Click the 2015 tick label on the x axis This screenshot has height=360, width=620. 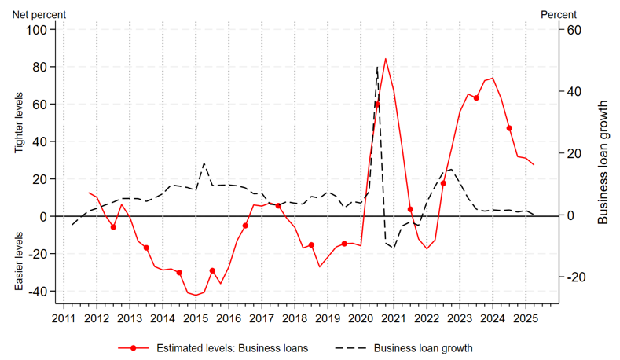(x=196, y=318)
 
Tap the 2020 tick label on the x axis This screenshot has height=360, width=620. (x=361, y=318)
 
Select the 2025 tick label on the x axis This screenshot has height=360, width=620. (x=526, y=318)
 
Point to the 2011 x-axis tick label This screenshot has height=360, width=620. (x=64, y=318)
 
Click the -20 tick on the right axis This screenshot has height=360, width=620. (x=571, y=277)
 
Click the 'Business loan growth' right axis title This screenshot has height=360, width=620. (x=603, y=162)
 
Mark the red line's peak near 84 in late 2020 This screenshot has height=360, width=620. (x=385, y=59)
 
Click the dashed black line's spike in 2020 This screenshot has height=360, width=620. (x=377, y=68)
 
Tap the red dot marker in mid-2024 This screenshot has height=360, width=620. (x=509, y=128)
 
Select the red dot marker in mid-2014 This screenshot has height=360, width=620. (x=179, y=273)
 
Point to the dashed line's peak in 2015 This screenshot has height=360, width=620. (x=204, y=163)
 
